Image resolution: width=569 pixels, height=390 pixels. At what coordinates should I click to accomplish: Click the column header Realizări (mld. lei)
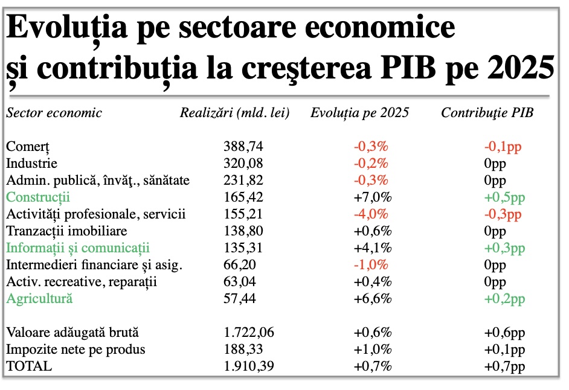point(235,113)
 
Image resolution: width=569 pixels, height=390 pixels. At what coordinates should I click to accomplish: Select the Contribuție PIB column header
point(487,113)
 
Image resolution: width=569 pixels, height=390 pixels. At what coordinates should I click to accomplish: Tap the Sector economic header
point(54,113)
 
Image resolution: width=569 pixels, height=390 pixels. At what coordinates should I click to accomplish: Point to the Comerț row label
point(27,147)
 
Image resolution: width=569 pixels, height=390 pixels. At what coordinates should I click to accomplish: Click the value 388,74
point(243,147)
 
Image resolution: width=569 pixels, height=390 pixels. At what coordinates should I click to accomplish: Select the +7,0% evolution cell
point(371,197)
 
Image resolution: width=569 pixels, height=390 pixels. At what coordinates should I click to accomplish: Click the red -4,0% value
point(371,214)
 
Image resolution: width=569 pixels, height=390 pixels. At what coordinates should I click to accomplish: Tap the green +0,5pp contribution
point(504,197)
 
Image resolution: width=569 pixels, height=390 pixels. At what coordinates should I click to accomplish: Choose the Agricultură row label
point(39,298)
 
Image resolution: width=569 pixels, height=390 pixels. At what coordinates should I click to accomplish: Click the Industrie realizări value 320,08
point(243,164)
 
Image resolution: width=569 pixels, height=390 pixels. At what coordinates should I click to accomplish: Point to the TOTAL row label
point(29,366)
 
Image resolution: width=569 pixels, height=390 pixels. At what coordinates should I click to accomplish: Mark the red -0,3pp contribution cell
point(504,214)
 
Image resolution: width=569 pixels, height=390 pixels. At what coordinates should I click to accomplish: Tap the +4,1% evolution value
point(371,248)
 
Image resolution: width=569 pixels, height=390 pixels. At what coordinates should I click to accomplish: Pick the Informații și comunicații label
point(77,248)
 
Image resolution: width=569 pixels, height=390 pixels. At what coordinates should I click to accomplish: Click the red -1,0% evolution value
point(371,265)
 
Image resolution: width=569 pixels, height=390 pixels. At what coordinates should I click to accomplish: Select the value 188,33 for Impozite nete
point(243,349)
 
